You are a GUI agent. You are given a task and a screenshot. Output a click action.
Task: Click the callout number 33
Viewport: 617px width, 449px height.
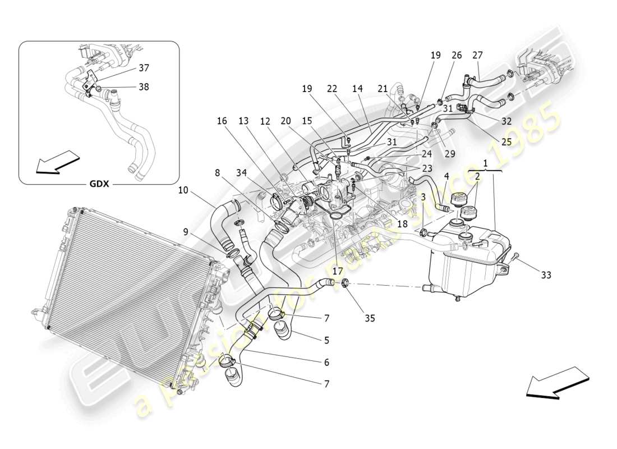point(546,275)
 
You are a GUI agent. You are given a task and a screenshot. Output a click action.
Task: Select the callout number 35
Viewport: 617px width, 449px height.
point(370,318)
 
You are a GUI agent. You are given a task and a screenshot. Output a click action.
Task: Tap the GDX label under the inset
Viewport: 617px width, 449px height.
point(99,184)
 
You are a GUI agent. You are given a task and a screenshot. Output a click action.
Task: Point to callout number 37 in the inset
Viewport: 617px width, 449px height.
point(144,68)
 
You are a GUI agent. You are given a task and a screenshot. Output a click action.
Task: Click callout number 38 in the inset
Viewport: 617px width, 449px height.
point(144,87)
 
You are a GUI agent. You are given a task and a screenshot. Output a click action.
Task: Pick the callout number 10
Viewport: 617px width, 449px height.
point(183,190)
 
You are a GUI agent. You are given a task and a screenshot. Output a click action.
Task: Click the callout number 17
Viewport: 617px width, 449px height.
point(337,270)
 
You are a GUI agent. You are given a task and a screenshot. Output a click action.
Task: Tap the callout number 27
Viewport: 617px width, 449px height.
point(477,55)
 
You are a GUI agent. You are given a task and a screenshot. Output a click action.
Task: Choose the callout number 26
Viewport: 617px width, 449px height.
point(457,55)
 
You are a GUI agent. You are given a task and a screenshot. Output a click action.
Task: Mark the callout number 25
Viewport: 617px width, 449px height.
point(506,142)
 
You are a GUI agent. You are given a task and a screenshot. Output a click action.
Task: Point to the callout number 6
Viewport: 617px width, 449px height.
point(326,363)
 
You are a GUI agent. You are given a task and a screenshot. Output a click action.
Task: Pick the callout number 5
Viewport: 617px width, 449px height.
point(326,340)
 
